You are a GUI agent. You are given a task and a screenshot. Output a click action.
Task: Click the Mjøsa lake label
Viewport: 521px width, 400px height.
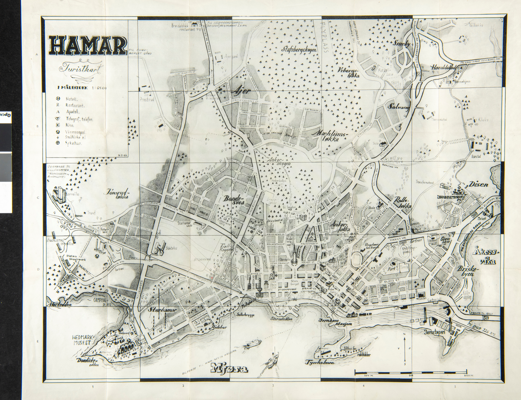[230, 370]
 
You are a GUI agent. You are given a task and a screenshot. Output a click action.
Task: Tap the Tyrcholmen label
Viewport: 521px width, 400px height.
[321, 362]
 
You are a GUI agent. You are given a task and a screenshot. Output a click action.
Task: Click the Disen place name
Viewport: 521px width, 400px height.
[478, 184]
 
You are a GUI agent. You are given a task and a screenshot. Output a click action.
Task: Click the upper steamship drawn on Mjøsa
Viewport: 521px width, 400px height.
[252, 344]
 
